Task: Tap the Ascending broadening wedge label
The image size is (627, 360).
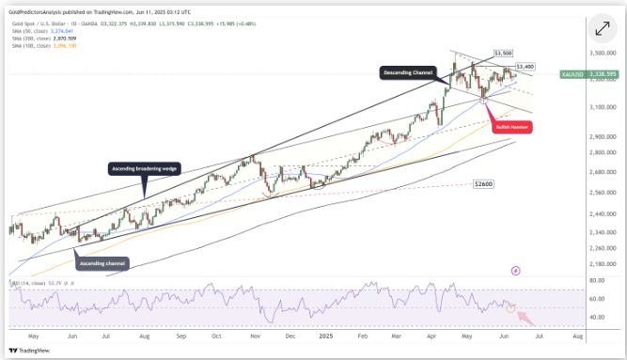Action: (143, 169)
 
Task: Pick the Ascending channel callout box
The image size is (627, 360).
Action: (98, 263)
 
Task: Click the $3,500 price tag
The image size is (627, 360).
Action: (504, 55)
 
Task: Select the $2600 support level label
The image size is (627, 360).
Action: (484, 183)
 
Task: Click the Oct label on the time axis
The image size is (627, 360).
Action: (216, 335)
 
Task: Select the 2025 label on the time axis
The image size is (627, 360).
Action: (325, 335)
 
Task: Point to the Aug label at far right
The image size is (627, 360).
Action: (576, 335)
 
